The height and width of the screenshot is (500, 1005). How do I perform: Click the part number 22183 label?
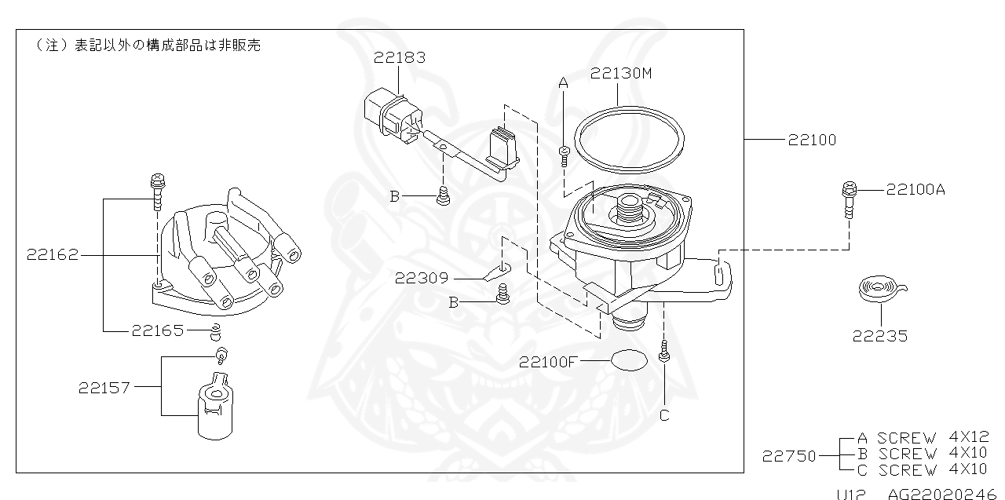point(400,57)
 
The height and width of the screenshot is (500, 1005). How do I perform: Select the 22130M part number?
point(622,73)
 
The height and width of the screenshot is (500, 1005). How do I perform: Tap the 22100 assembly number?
point(812,141)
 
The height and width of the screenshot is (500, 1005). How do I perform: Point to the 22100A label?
point(915,189)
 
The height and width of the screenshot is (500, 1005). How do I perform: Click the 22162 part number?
point(52,255)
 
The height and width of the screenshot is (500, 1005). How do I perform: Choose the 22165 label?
point(157,331)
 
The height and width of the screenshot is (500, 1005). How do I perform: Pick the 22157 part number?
point(104,387)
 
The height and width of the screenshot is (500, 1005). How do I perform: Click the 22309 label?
point(422,278)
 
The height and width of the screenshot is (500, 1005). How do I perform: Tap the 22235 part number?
point(880,337)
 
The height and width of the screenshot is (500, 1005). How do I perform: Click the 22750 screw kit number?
point(788,455)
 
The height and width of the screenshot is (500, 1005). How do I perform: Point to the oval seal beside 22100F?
point(629,361)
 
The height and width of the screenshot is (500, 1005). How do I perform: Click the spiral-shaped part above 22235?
point(879,289)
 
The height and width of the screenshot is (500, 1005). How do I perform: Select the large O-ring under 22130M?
point(626,139)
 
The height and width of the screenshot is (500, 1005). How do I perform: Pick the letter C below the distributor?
point(664,415)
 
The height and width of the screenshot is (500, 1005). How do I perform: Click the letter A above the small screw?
point(563,82)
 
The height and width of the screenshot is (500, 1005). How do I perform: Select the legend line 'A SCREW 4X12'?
point(923,438)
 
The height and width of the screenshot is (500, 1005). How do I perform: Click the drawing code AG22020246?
point(945,495)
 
